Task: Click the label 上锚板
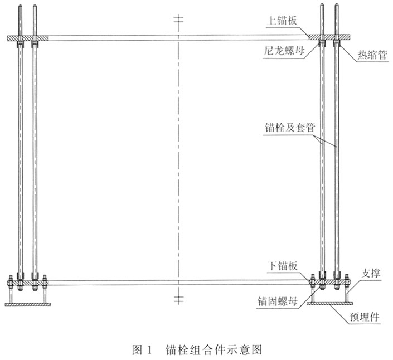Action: coord(283,21)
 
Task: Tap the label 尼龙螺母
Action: coord(284,51)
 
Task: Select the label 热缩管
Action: coord(372,55)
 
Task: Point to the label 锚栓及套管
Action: coord(290,127)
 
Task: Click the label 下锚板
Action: coord(283,266)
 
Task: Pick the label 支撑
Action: coord(371,273)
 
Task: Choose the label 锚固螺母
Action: coord(278,301)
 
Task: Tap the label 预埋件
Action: coord(365,317)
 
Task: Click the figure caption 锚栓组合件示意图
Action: coord(214,349)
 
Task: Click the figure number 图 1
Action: coord(142,349)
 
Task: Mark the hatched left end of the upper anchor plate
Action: coord(28,38)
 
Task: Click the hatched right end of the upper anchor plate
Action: coord(329,37)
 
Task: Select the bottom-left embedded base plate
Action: coord(27,304)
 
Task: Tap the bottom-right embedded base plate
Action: coord(330,303)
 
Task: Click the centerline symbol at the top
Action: coord(178,19)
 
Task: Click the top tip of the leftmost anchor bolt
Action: coord(20,5)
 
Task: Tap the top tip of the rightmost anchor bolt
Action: coord(336,4)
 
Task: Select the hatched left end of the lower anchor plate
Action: coord(28,283)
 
